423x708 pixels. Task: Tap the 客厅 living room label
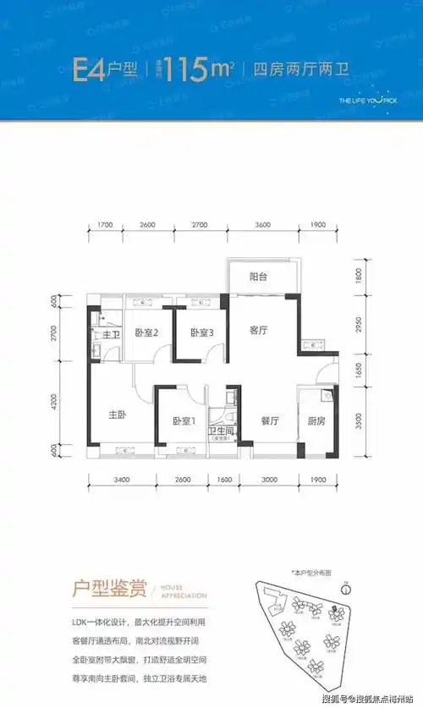258,332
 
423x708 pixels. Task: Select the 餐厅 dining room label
270,420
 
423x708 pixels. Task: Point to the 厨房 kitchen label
316,420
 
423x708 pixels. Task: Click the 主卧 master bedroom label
117,415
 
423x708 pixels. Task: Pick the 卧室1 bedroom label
184,420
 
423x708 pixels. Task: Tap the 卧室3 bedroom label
201,332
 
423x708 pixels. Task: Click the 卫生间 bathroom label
221,431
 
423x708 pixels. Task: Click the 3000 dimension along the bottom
268,480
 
